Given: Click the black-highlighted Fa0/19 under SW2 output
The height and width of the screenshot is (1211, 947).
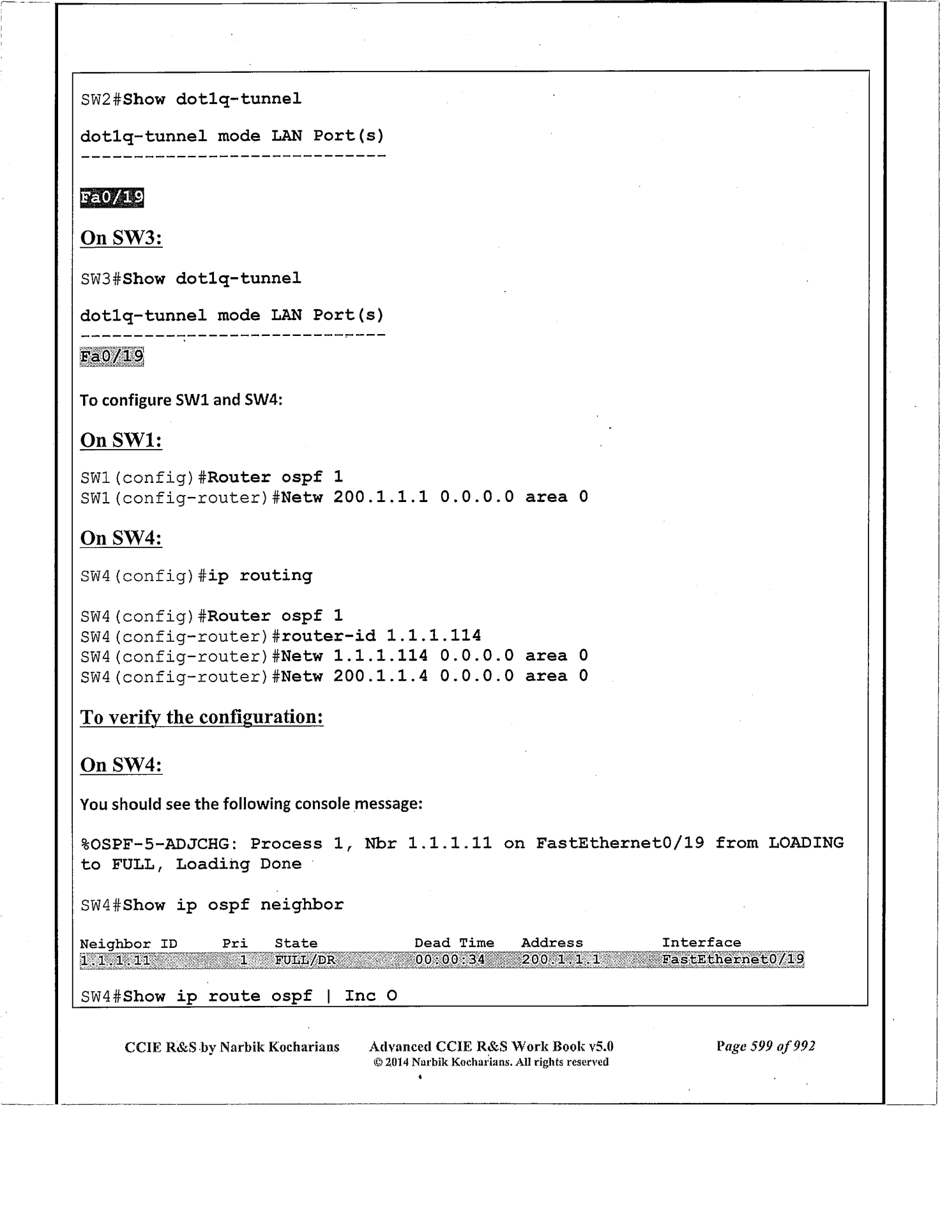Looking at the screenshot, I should pyautogui.click(x=112, y=198).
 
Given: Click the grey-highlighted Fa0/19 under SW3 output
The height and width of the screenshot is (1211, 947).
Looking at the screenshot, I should pyautogui.click(x=112, y=356).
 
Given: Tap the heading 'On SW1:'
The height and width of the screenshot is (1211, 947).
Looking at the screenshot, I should pyautogui.click(x=121, y=440).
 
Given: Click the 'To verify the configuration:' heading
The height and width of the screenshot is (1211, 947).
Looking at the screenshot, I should pyautogui.click(x=202, y=717).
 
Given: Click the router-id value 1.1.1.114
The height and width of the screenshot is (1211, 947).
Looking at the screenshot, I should pyautogui.click(x=434, y=636).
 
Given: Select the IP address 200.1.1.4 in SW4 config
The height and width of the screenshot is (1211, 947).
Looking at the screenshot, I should pyautogui.click(x=381, y=676).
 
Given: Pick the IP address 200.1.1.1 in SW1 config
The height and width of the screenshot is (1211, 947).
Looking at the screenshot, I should pyautogui.click(x=381, y=497).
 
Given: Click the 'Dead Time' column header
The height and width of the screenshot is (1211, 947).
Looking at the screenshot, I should pyautogui.click(x=454, y=943).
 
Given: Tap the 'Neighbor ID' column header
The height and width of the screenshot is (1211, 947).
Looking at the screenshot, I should pyautogui.click(x=128, y=943).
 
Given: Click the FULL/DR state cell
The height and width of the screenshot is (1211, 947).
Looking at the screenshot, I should pyautogui.click(x=305, y=959).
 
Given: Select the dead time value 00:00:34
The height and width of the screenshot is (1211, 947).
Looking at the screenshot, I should pyautogui.click(x=450, y=959).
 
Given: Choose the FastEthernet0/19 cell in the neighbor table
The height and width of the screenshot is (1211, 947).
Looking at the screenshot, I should pyautogui.click(x=732, y=959).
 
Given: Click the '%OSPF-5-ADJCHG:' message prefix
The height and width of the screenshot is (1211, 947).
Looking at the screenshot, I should pyautogui.click(x=160, y=844).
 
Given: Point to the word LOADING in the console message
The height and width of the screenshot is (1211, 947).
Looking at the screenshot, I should pyautogui.click(x=805, y=843).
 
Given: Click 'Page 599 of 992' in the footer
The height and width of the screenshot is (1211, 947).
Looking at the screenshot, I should pyautogui.click(x=765, y=1046).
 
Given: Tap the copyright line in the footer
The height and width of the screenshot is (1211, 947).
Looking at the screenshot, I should pyautogui.click(x=490, y=1062).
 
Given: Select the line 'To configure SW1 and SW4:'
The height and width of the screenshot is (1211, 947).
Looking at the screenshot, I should pyautogui.click(x=181, y=400).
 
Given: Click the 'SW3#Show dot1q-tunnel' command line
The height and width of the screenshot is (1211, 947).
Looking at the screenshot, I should pyautogui.click(x=190, y=278).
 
